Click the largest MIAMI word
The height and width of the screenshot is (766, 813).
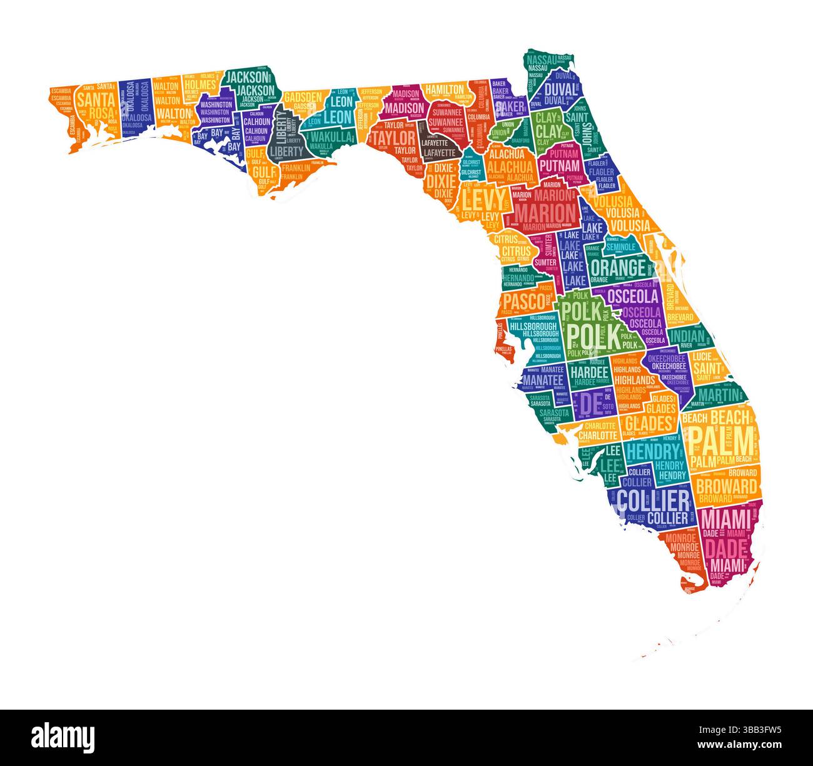725,519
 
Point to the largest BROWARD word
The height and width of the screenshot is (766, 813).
726,486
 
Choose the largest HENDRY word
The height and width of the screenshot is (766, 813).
652,451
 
